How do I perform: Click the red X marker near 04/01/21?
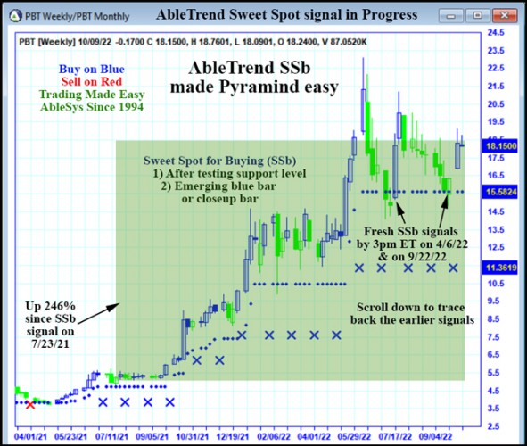pos(30,404)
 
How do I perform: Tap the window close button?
pos(504,15)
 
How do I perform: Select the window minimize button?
pos(450,16)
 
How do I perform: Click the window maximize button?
pos(477,15)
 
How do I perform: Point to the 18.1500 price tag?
pos(501,146)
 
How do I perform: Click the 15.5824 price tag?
pos(501,192)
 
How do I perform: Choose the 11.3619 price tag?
pos(501,268)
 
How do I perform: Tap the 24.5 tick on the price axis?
pos(496,32)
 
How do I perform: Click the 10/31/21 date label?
pos(193,436)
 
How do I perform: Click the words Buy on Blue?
pos(92,69)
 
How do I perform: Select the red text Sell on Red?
pos(92,81)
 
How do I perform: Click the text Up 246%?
pos(51,306)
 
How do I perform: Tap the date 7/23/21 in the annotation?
pos(51,343)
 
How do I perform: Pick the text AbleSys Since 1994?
pos(92,107)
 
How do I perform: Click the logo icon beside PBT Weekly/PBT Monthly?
pos(15,16)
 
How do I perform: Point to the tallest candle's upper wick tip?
pos(363,58)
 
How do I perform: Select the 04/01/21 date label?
pos(29,436)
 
